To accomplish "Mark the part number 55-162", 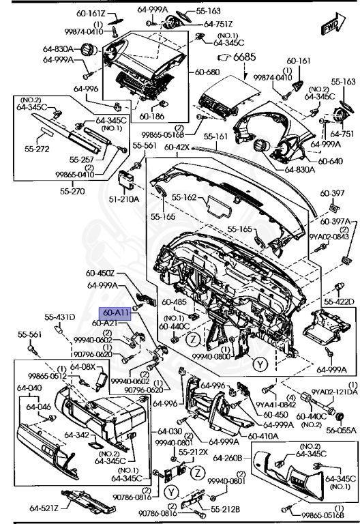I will pyautogui.click(x=185, y=197).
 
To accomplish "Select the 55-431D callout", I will pyautogui.click(x=60, y=317).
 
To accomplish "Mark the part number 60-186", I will pyautogui.click(x=153, y=116).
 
